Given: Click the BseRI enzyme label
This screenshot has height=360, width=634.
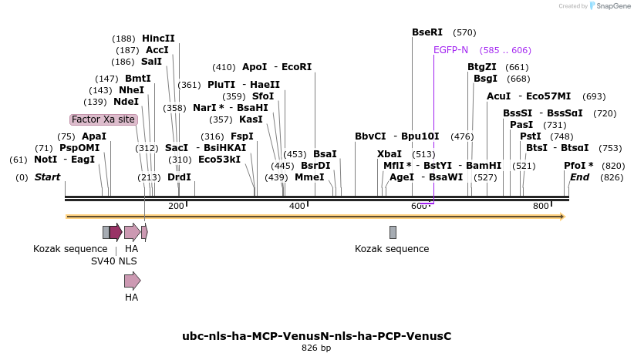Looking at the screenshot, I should [427, 32].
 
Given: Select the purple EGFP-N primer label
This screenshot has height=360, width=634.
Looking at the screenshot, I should [450, 50].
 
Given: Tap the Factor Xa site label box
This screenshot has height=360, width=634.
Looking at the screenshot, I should [103, 119].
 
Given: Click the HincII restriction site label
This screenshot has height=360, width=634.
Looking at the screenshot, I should [158, 38].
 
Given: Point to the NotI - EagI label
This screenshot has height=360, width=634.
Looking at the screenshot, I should [64, 160].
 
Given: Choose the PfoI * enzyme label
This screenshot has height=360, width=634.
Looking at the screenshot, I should [578, 166].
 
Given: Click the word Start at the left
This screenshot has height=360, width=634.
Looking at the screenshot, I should [47, 177].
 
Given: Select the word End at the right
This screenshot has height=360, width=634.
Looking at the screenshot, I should [579, 177].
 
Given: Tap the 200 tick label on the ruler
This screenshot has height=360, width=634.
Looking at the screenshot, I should [176, 206].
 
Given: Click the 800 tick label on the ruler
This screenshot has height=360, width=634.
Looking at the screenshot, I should [541, 206].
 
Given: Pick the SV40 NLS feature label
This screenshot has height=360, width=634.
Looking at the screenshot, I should [114, 261].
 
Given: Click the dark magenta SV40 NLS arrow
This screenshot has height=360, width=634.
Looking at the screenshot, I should [116, 232].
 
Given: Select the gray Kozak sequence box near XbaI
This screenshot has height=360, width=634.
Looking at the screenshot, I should [393, 232].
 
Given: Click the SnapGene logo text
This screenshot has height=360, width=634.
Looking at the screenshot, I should [613, 6].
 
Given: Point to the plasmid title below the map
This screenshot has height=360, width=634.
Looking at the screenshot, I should [316, 336].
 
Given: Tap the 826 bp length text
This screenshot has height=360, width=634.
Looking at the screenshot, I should [316, 348].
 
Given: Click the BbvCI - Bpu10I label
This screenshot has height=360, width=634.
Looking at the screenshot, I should [396, 136].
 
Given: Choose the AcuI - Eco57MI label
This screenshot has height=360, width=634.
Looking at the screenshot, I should [529, 96].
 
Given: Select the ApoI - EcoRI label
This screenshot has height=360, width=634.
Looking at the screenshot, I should [277, 67].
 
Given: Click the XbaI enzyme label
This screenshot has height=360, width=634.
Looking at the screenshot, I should [390, 153].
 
